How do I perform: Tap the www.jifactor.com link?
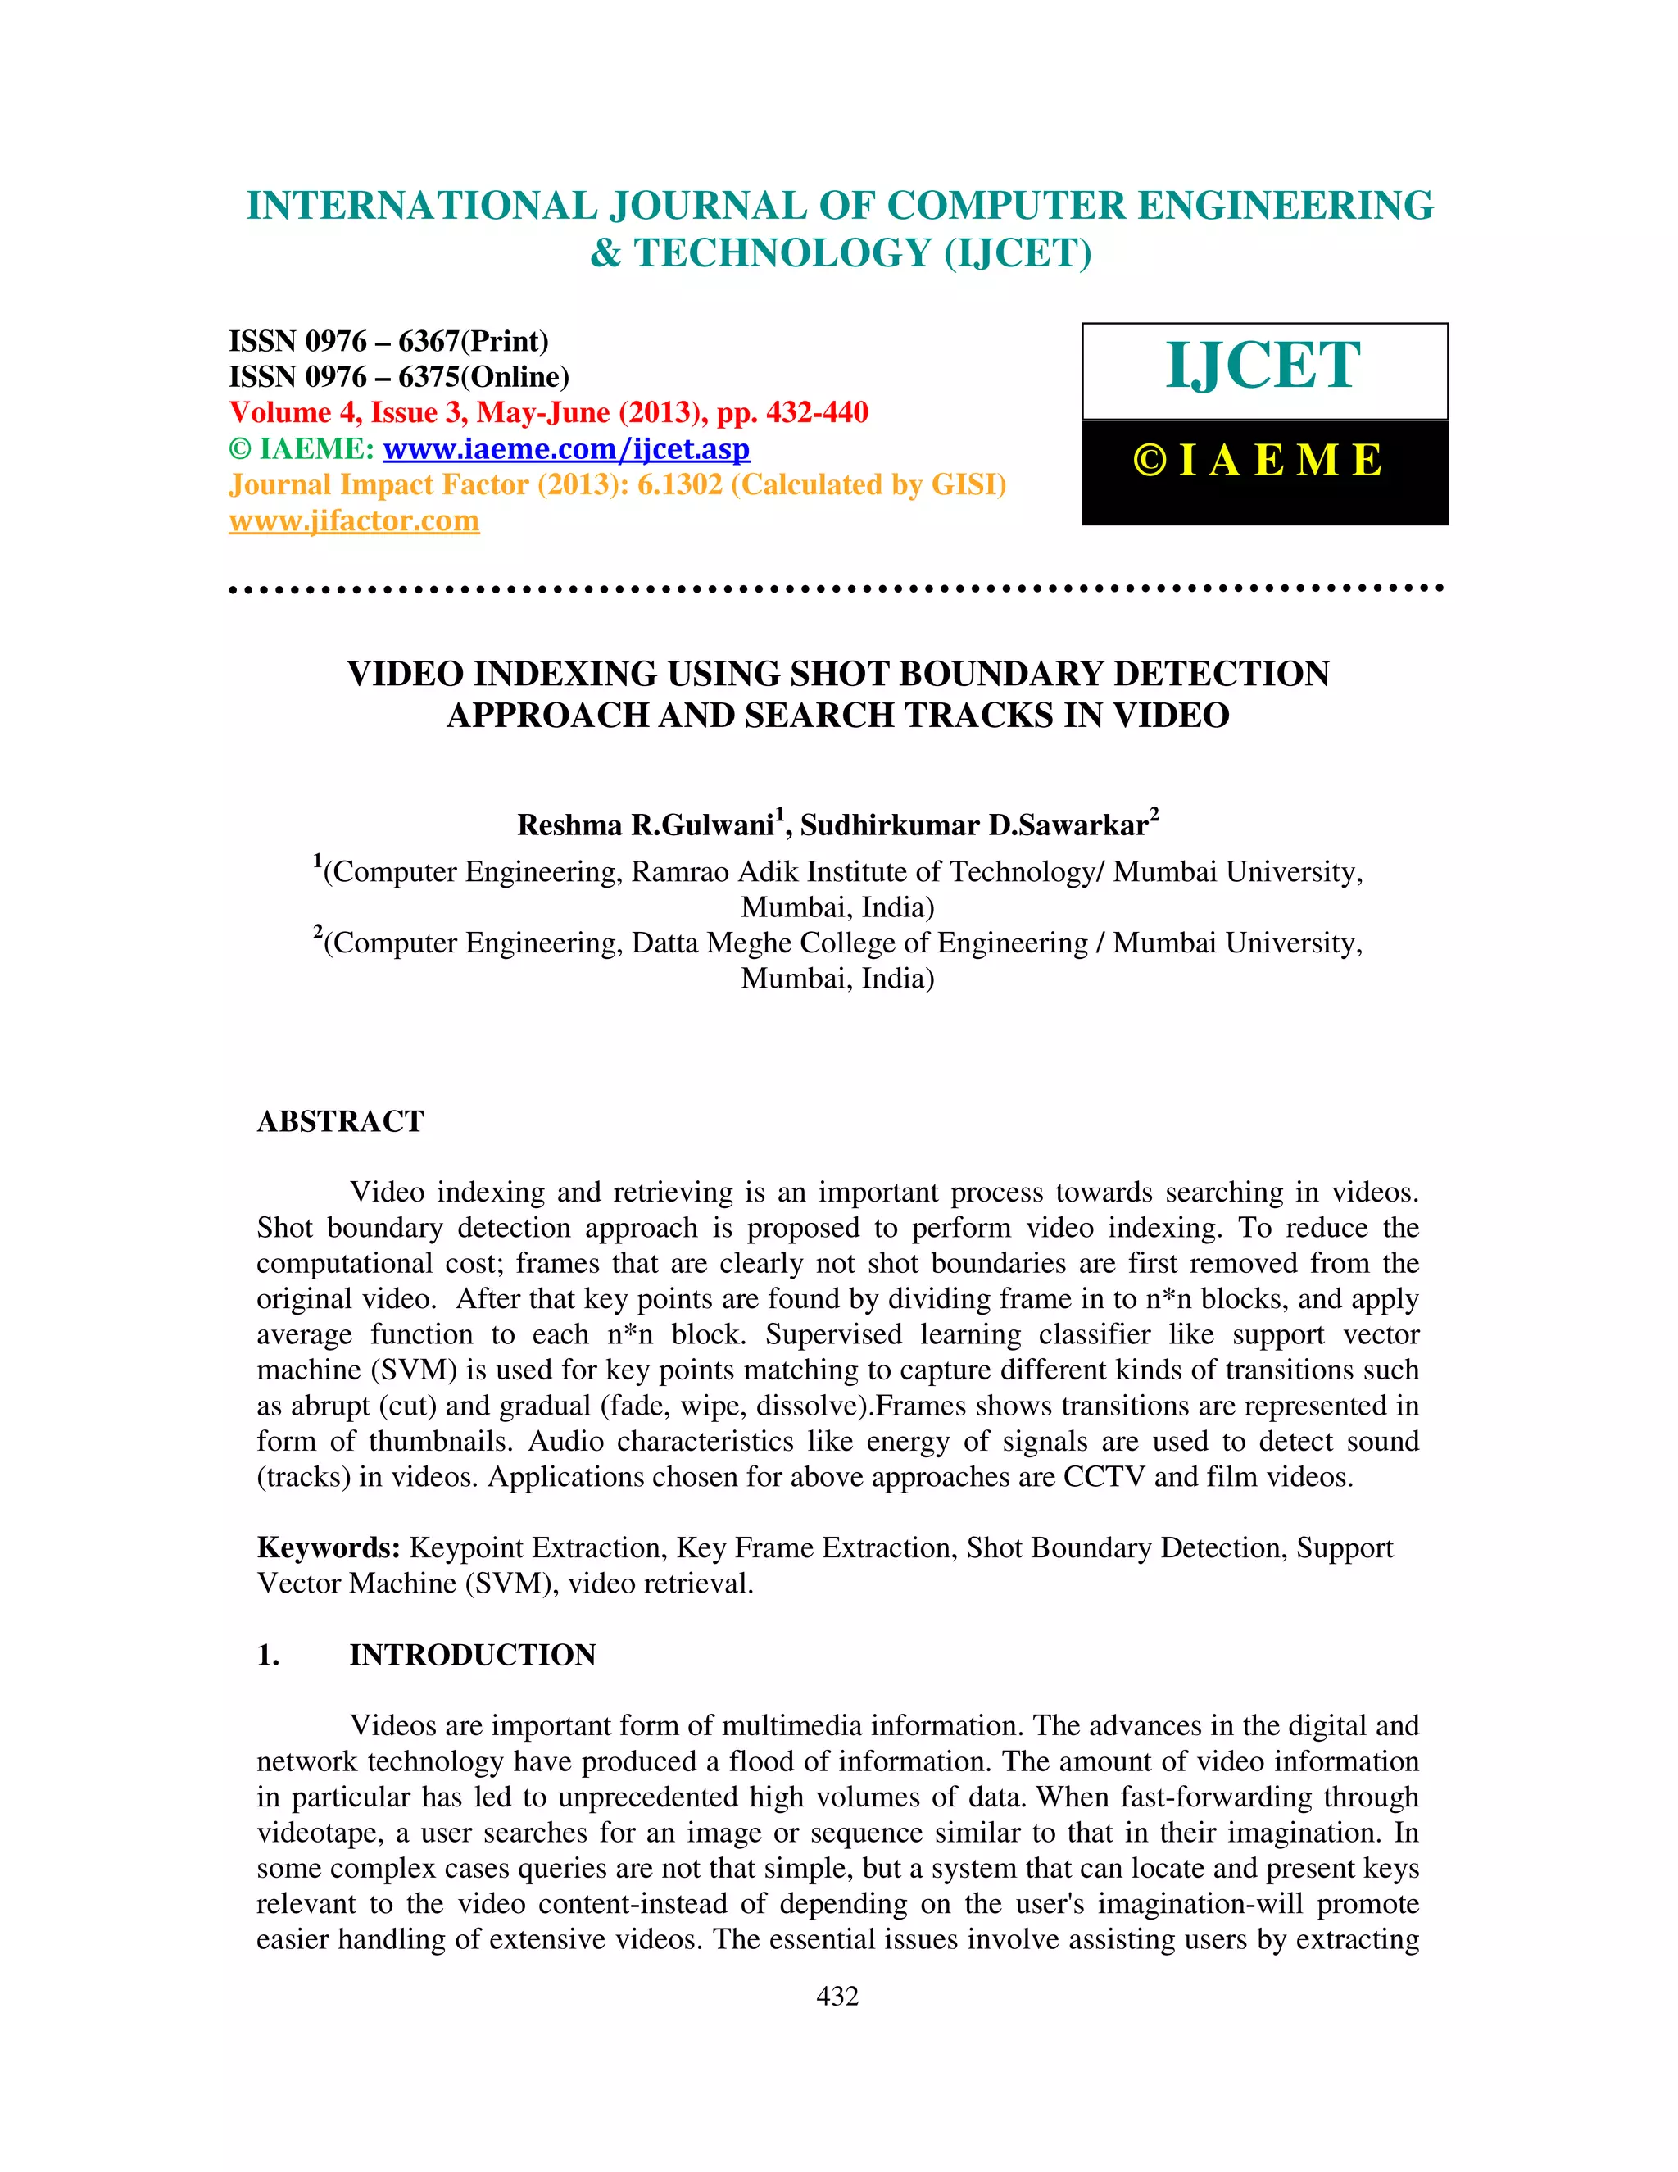coord(354,521)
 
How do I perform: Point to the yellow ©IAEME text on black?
coord(1258,461)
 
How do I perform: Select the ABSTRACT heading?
coord(340,1122)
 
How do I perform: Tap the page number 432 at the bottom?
coord(837,1996)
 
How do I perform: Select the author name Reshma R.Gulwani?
coord(645,825)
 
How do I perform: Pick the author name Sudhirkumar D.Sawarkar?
coord(974,825)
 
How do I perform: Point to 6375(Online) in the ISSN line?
coord(483,377)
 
